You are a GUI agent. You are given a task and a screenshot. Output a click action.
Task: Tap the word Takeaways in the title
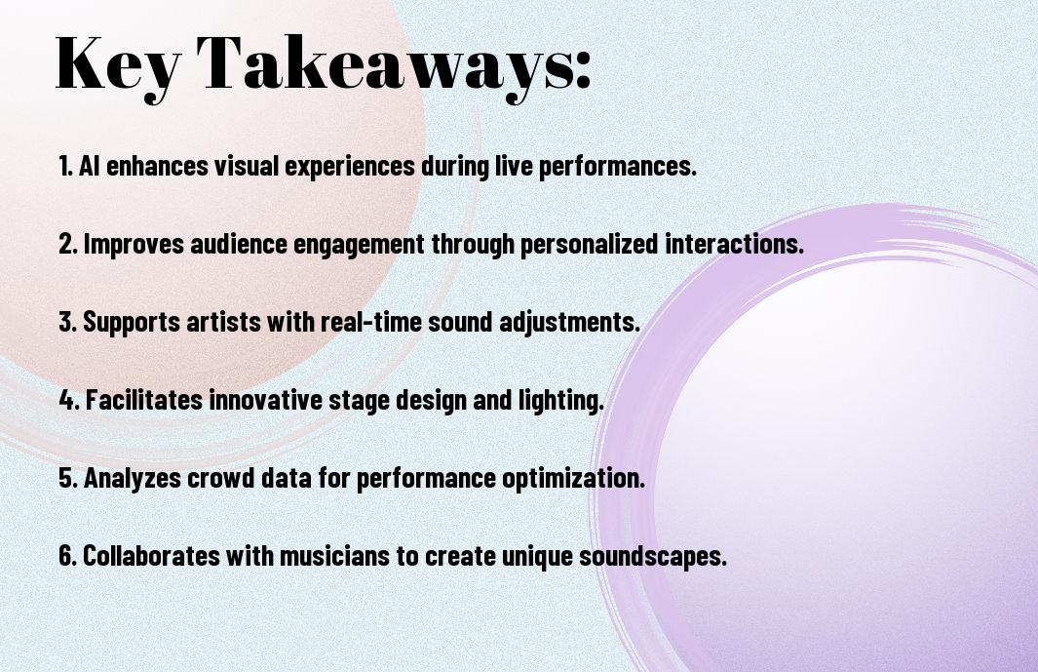(381, 65)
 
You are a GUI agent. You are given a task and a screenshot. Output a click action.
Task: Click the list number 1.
(65, 166)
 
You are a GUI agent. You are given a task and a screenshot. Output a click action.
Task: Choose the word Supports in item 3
(131, 322)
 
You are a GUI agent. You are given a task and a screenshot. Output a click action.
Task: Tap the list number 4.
(69, 400)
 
